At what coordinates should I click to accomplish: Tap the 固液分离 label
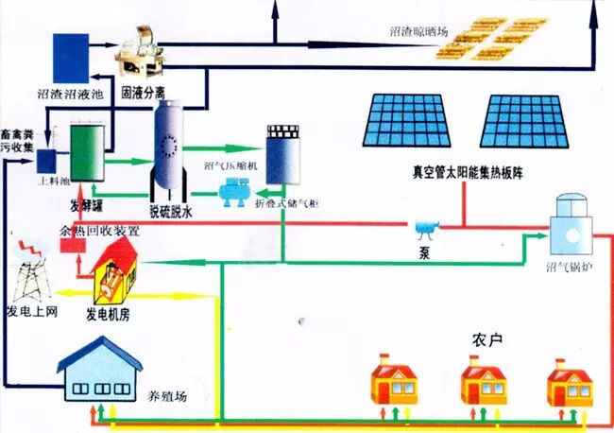[x=149, y=95]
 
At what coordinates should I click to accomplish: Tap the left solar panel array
[x=408, y=124]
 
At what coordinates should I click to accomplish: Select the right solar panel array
[x=525, y=124]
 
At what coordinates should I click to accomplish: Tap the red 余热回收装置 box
[x=67, y=246]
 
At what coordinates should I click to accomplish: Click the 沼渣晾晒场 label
[x=418, y=31]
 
